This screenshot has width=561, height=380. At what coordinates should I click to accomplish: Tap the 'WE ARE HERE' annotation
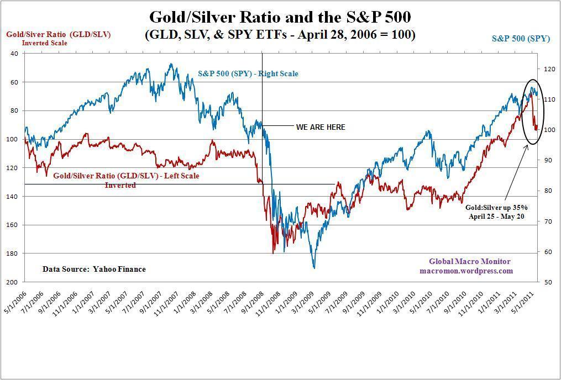(x=321, y=127)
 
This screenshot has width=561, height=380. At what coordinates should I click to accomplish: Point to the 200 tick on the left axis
(x=14, y=282)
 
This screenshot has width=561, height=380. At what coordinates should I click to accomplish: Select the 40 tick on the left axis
(x=14, y=54)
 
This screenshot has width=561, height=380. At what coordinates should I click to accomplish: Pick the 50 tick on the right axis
(x=548, y=282)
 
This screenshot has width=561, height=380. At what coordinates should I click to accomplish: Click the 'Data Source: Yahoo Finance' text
(x=94, y=270)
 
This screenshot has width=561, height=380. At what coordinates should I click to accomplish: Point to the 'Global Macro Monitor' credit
(x=470, y=261)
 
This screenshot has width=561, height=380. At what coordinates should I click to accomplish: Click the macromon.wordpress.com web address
(x=466, y=271)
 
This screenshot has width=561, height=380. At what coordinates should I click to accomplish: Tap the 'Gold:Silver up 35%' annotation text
(x=496, y=207)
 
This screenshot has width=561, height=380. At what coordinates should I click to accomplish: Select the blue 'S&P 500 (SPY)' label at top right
(x=521, y=39)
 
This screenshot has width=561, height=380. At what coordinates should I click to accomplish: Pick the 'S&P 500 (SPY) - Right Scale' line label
(x=248, y=73)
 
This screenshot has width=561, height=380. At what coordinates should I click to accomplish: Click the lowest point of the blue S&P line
(x=314, y=268)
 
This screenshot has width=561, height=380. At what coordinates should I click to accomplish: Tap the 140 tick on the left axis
(x=14, y=197)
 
